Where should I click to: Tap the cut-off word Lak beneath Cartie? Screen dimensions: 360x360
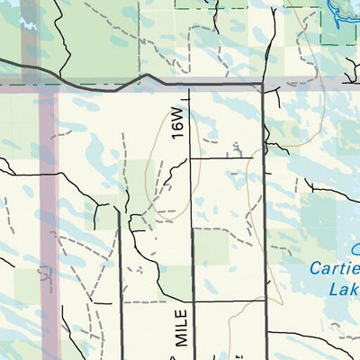343,290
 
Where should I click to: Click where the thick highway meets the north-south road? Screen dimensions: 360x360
263,85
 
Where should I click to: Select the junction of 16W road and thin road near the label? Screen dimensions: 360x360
192,157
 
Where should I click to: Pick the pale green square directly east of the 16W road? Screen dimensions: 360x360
211,246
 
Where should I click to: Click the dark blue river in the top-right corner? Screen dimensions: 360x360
340,13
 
